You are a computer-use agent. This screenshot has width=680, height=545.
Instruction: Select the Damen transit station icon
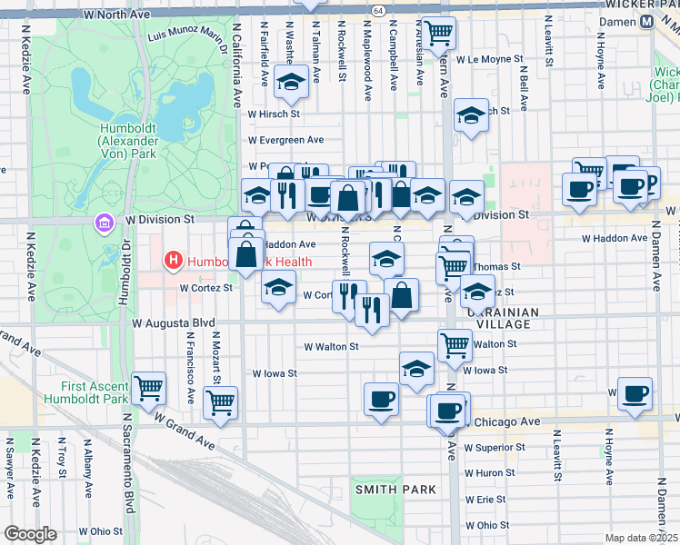pyautogui.click(x=646, y=22)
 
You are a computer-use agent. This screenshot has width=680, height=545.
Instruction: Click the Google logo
pyautogui.click(x=30, y=534)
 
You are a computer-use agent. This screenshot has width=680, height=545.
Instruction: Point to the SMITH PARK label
pyautogui.click(x=395, y=490)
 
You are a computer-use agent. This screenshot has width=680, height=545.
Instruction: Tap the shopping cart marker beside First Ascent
pyautogui.click(x=148, y=389)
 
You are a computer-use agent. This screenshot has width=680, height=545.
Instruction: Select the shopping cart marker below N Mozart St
pyautogui.click(x=220, y=402)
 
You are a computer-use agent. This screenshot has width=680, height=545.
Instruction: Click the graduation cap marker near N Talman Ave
pyautogui.click(x=291, y=82)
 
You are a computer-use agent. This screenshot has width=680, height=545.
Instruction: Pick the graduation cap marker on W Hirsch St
pyautogui.click(x=470, y=116)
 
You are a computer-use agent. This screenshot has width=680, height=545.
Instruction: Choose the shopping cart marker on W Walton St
pyautogui.click(x=455, y=344)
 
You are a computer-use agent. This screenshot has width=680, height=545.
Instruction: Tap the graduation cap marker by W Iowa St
pyautogui.click(x=416, y=369)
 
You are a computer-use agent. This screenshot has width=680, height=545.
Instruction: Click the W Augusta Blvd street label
pyautogui.click(x=173, y=322)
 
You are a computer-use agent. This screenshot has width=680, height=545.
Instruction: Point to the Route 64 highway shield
pyautogui.click(x=377, y=8)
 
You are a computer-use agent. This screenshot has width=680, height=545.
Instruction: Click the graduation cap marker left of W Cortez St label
pyautogui.click(x=278, y=289)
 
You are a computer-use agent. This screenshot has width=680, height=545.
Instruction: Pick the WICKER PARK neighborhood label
pyautogui.click(x=642, y=5)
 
